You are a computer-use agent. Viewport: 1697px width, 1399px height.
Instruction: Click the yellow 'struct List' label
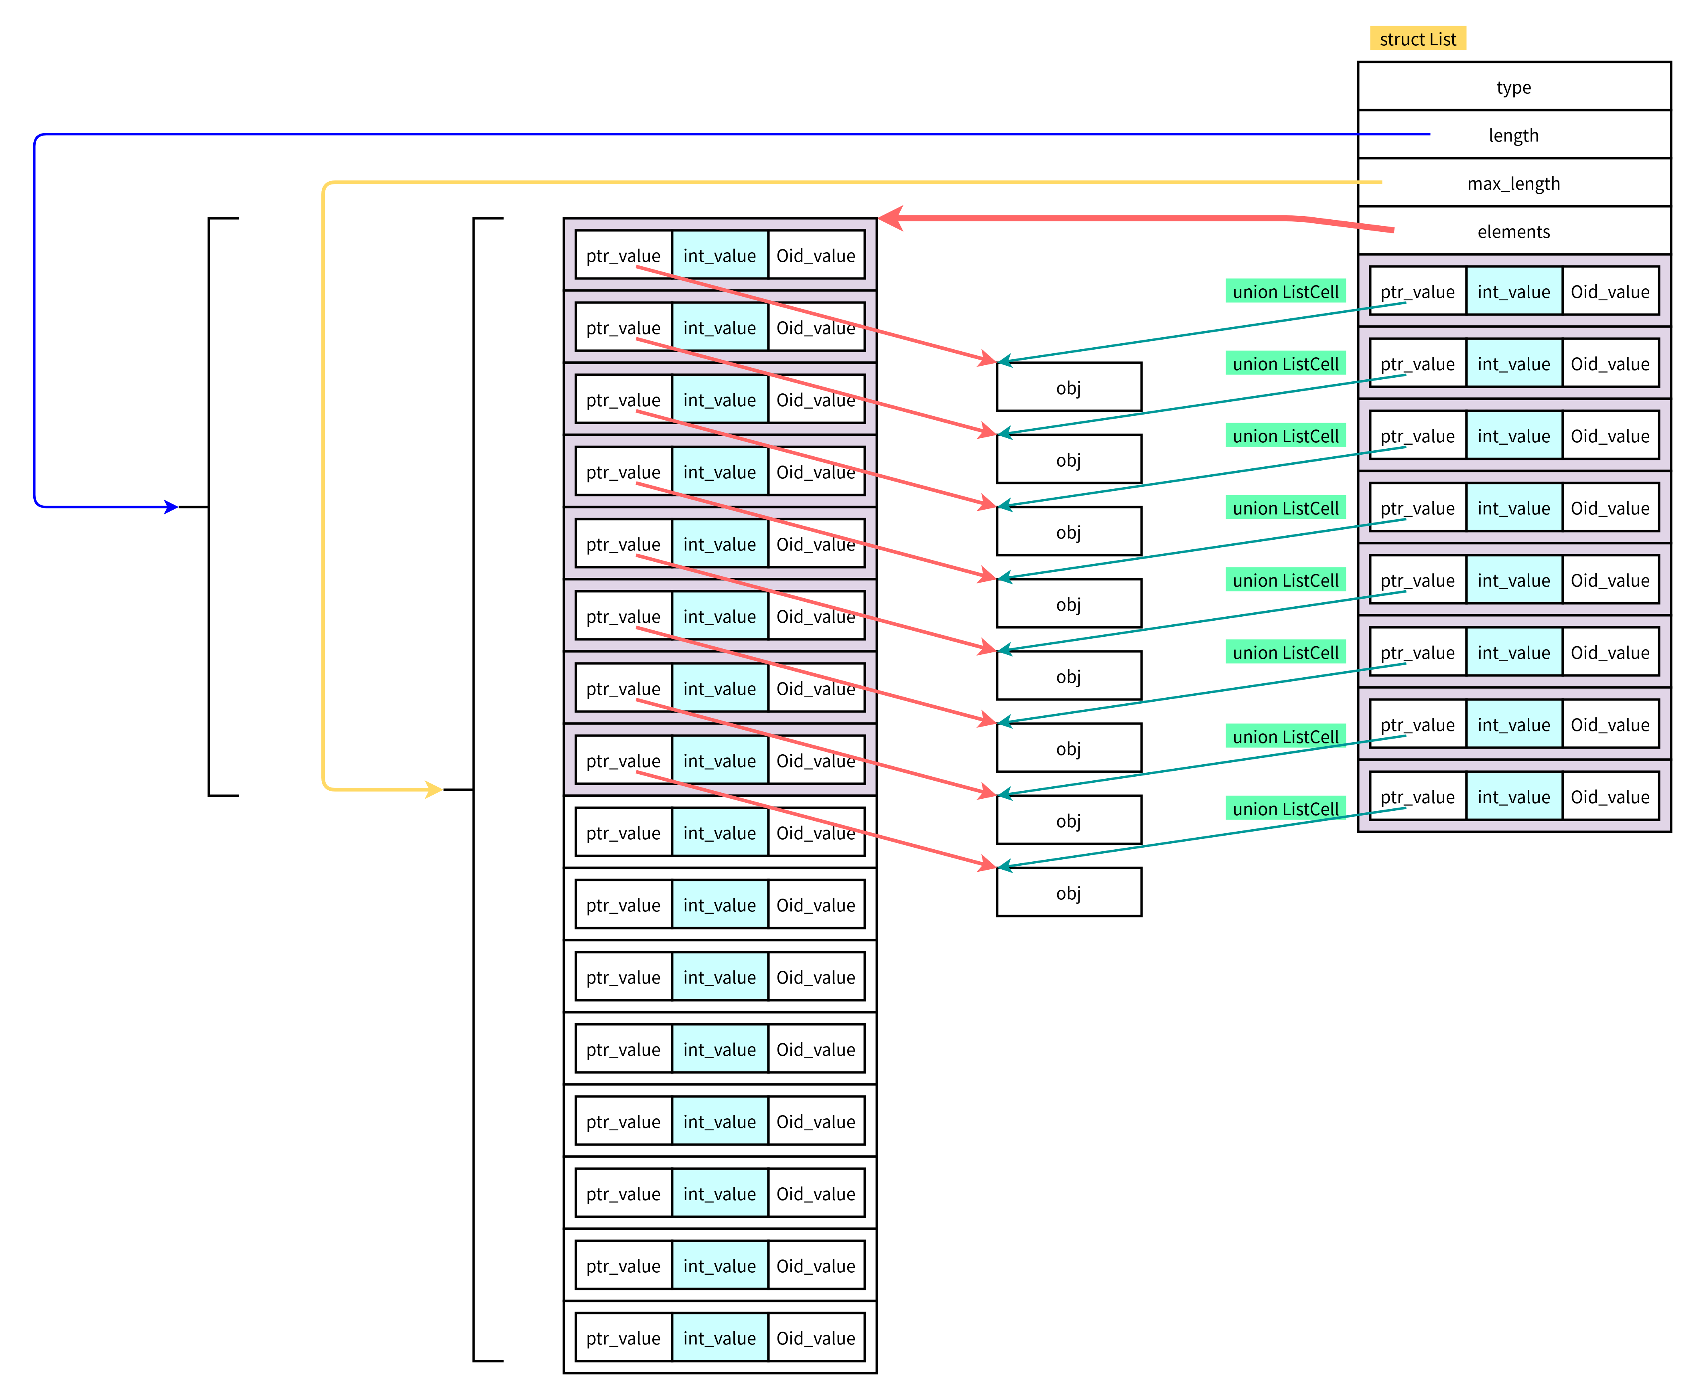[x=1417, y=38]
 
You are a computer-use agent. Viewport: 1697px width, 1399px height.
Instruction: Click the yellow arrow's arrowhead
[x=435, y=789]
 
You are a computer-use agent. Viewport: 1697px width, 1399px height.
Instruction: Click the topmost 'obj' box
[x=1068, y=388]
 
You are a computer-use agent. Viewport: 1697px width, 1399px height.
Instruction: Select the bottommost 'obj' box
[x=1068, y=893]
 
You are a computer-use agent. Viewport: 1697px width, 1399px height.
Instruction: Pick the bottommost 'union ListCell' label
[x=1285, y=808]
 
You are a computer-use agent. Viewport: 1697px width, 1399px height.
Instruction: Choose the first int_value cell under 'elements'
[x=1513, y=292]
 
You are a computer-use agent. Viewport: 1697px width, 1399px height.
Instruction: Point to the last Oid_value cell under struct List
[x=1610, y=797]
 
